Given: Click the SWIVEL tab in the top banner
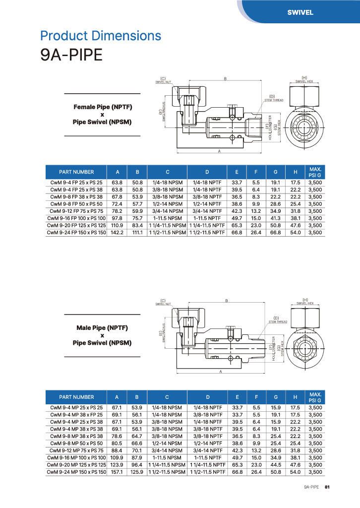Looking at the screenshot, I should coord(300,13).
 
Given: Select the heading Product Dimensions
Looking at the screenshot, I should coord(101,36).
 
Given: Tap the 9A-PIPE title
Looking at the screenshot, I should coord(71,55).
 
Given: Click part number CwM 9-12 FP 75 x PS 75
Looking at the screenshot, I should coord(76,211).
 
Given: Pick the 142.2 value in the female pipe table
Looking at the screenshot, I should coord(118,232).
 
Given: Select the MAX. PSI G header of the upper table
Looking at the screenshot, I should coord(315,172).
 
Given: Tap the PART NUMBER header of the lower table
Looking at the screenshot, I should coord(76,397).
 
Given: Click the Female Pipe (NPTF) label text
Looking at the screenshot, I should coord(103,107).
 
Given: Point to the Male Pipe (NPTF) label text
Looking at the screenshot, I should coord(103,328).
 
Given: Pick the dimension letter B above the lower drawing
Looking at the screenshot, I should coord(227,301).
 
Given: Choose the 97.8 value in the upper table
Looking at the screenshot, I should coord(118,218).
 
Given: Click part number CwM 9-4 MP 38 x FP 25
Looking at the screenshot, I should coord(76,415).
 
